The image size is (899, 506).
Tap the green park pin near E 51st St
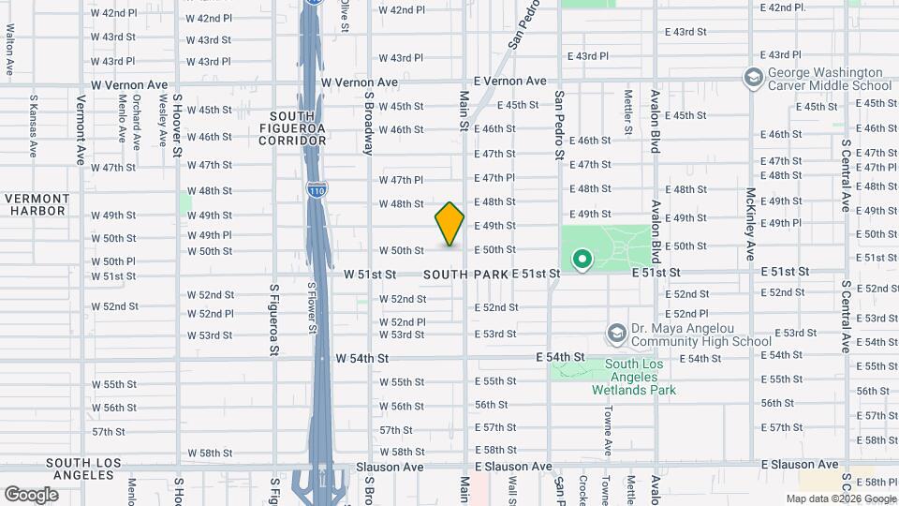(582, 259)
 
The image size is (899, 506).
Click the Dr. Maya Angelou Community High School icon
(616, 334)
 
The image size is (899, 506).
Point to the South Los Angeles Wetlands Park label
(641, 377)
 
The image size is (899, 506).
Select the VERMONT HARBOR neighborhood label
(37, 204)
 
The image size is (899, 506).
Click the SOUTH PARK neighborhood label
(465, 275)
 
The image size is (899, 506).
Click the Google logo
(31, 495)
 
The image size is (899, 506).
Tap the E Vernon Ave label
(509, 82)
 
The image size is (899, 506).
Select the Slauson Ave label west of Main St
(389, 467)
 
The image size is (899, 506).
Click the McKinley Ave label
(750, 225)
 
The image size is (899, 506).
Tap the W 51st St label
(370, 275)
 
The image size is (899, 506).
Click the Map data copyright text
(841, 499)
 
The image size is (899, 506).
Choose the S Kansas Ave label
(33, 125)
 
